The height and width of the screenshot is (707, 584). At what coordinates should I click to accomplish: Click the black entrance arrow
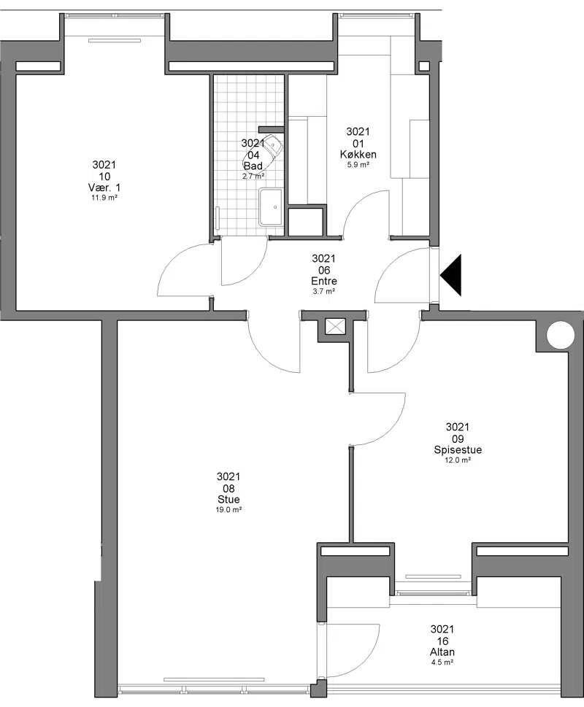[451, 275]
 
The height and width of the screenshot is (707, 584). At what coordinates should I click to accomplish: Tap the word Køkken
[358, 154]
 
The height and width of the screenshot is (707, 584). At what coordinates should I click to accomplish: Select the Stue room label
[228, 499]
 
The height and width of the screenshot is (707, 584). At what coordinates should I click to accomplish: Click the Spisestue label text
[458, 449]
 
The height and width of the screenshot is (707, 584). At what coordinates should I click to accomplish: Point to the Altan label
[442, 652]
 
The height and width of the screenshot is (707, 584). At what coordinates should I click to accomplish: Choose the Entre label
[324, 281]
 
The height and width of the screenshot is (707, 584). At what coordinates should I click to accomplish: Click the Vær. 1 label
[104, 188]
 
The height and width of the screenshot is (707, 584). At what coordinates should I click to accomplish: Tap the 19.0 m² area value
[228, 509]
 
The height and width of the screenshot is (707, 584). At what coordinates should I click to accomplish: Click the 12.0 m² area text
[458, 460]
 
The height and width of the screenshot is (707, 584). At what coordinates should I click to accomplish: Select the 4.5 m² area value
[442, 662]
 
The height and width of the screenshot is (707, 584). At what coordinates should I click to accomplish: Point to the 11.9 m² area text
[104, 198]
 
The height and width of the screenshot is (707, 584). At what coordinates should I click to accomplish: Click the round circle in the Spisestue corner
[561, 335]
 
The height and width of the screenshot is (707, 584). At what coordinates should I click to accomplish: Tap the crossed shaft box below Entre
[335, 326]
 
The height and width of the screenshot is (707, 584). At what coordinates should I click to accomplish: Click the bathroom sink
[271, 207]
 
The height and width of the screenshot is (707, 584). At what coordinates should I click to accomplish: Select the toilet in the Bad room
[264, 151]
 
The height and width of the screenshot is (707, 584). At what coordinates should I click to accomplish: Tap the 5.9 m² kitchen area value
[358, 165]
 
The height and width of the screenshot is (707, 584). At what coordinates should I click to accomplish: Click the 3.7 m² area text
[324, 291]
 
